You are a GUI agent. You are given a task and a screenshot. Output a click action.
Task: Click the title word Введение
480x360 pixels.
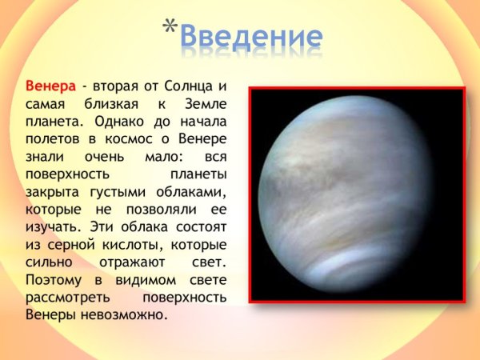(250, 36)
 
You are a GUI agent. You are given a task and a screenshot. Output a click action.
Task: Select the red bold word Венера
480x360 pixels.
(51, 86)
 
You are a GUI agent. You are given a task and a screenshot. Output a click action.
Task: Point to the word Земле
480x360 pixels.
(203, 103)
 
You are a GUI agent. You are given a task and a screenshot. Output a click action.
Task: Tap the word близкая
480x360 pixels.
(113, 103)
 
